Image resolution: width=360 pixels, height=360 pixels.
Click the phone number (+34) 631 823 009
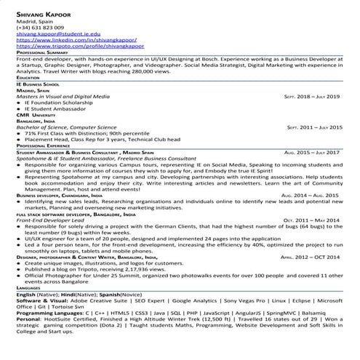tap(37, 27)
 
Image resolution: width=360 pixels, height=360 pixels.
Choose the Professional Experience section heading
tap(44, 145)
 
